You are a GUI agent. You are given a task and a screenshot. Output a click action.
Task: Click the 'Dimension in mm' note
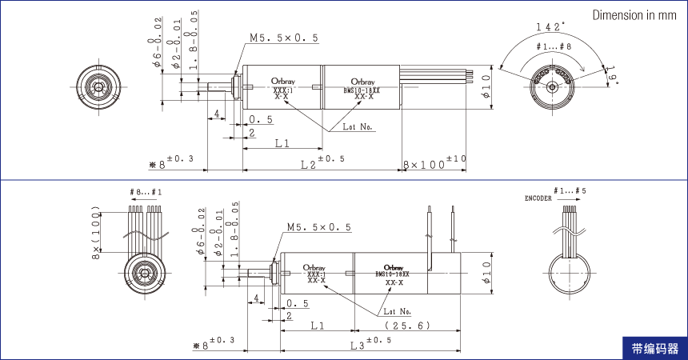[634, 16]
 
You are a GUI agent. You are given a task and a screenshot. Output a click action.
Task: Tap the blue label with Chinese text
[654, 348]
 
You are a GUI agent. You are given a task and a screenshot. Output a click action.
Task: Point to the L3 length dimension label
[370, 344]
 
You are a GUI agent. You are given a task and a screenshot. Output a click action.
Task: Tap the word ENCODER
[538, 198]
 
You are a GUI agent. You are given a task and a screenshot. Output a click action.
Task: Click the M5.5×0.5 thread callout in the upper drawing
[283, 38]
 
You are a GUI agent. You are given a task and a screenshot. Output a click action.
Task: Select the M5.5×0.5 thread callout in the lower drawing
[318, 228]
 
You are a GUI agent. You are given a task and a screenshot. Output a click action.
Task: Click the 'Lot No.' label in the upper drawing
[358, 126]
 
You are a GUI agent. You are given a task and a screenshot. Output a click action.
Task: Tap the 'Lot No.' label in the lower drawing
[397, 310]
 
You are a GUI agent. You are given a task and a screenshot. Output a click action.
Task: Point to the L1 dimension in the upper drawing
[282, 144]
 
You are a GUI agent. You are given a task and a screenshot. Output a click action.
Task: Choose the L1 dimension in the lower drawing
[316, 326]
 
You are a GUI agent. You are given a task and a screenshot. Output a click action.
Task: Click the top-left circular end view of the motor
[98, 85]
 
